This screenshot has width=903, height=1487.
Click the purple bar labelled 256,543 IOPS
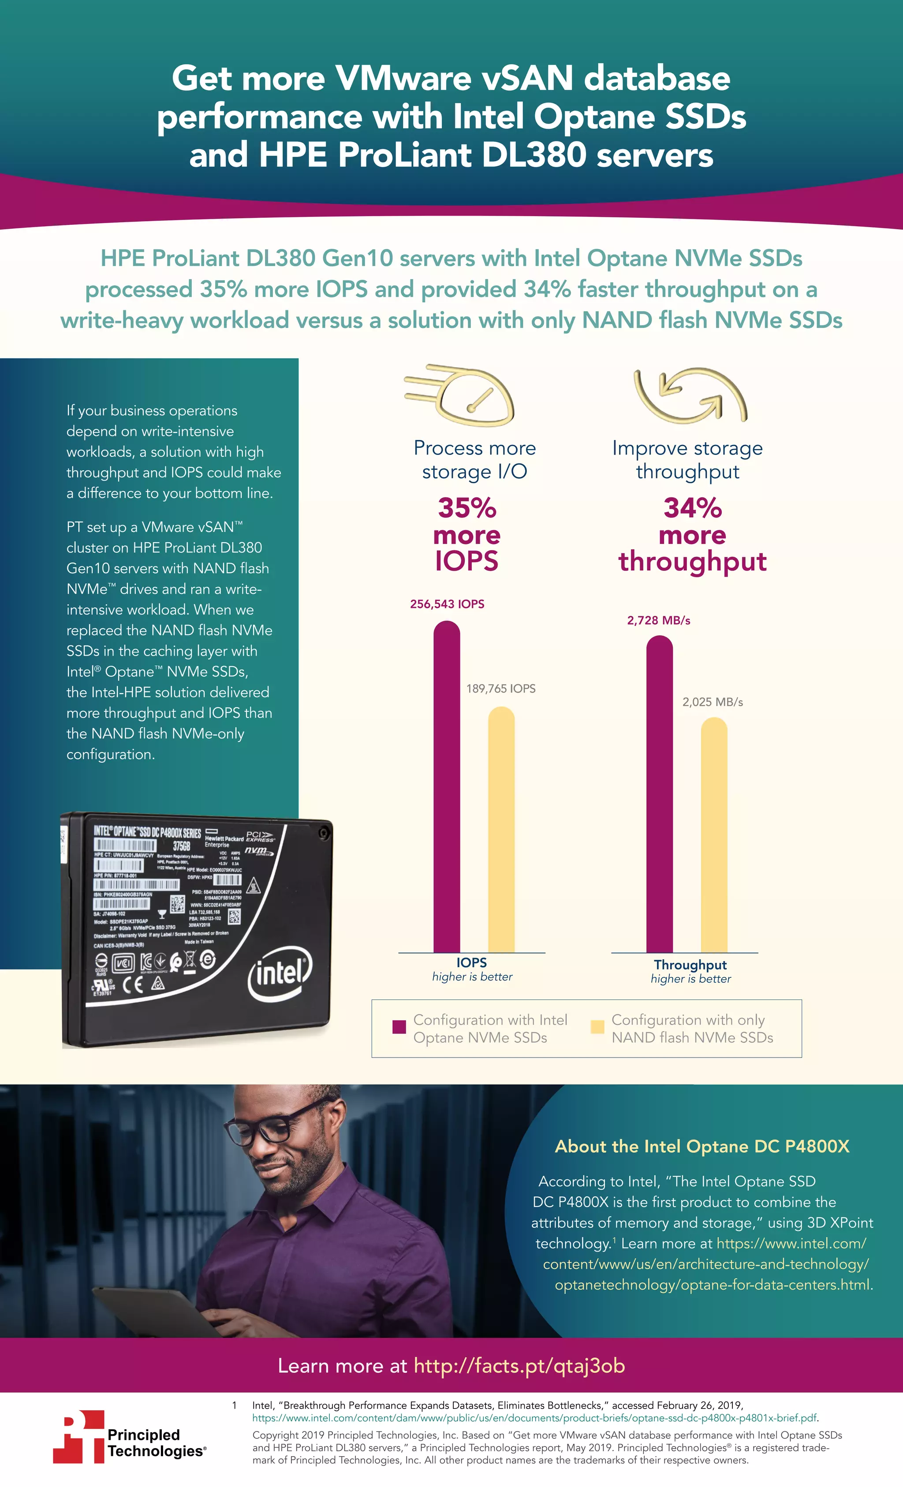click(x=447, y=785)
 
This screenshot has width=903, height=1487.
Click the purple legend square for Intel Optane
click(x=399, y=1027)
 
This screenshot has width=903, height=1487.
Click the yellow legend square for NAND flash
click(x=597, y=1027)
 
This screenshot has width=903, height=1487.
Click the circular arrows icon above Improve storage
click(x=690, y=395)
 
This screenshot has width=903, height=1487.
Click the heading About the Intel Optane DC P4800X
click(x=702, y=1146)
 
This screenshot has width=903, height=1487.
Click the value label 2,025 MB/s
click(x=712, y=702)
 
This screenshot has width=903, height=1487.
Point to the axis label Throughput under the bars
click(x=690, y=965)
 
